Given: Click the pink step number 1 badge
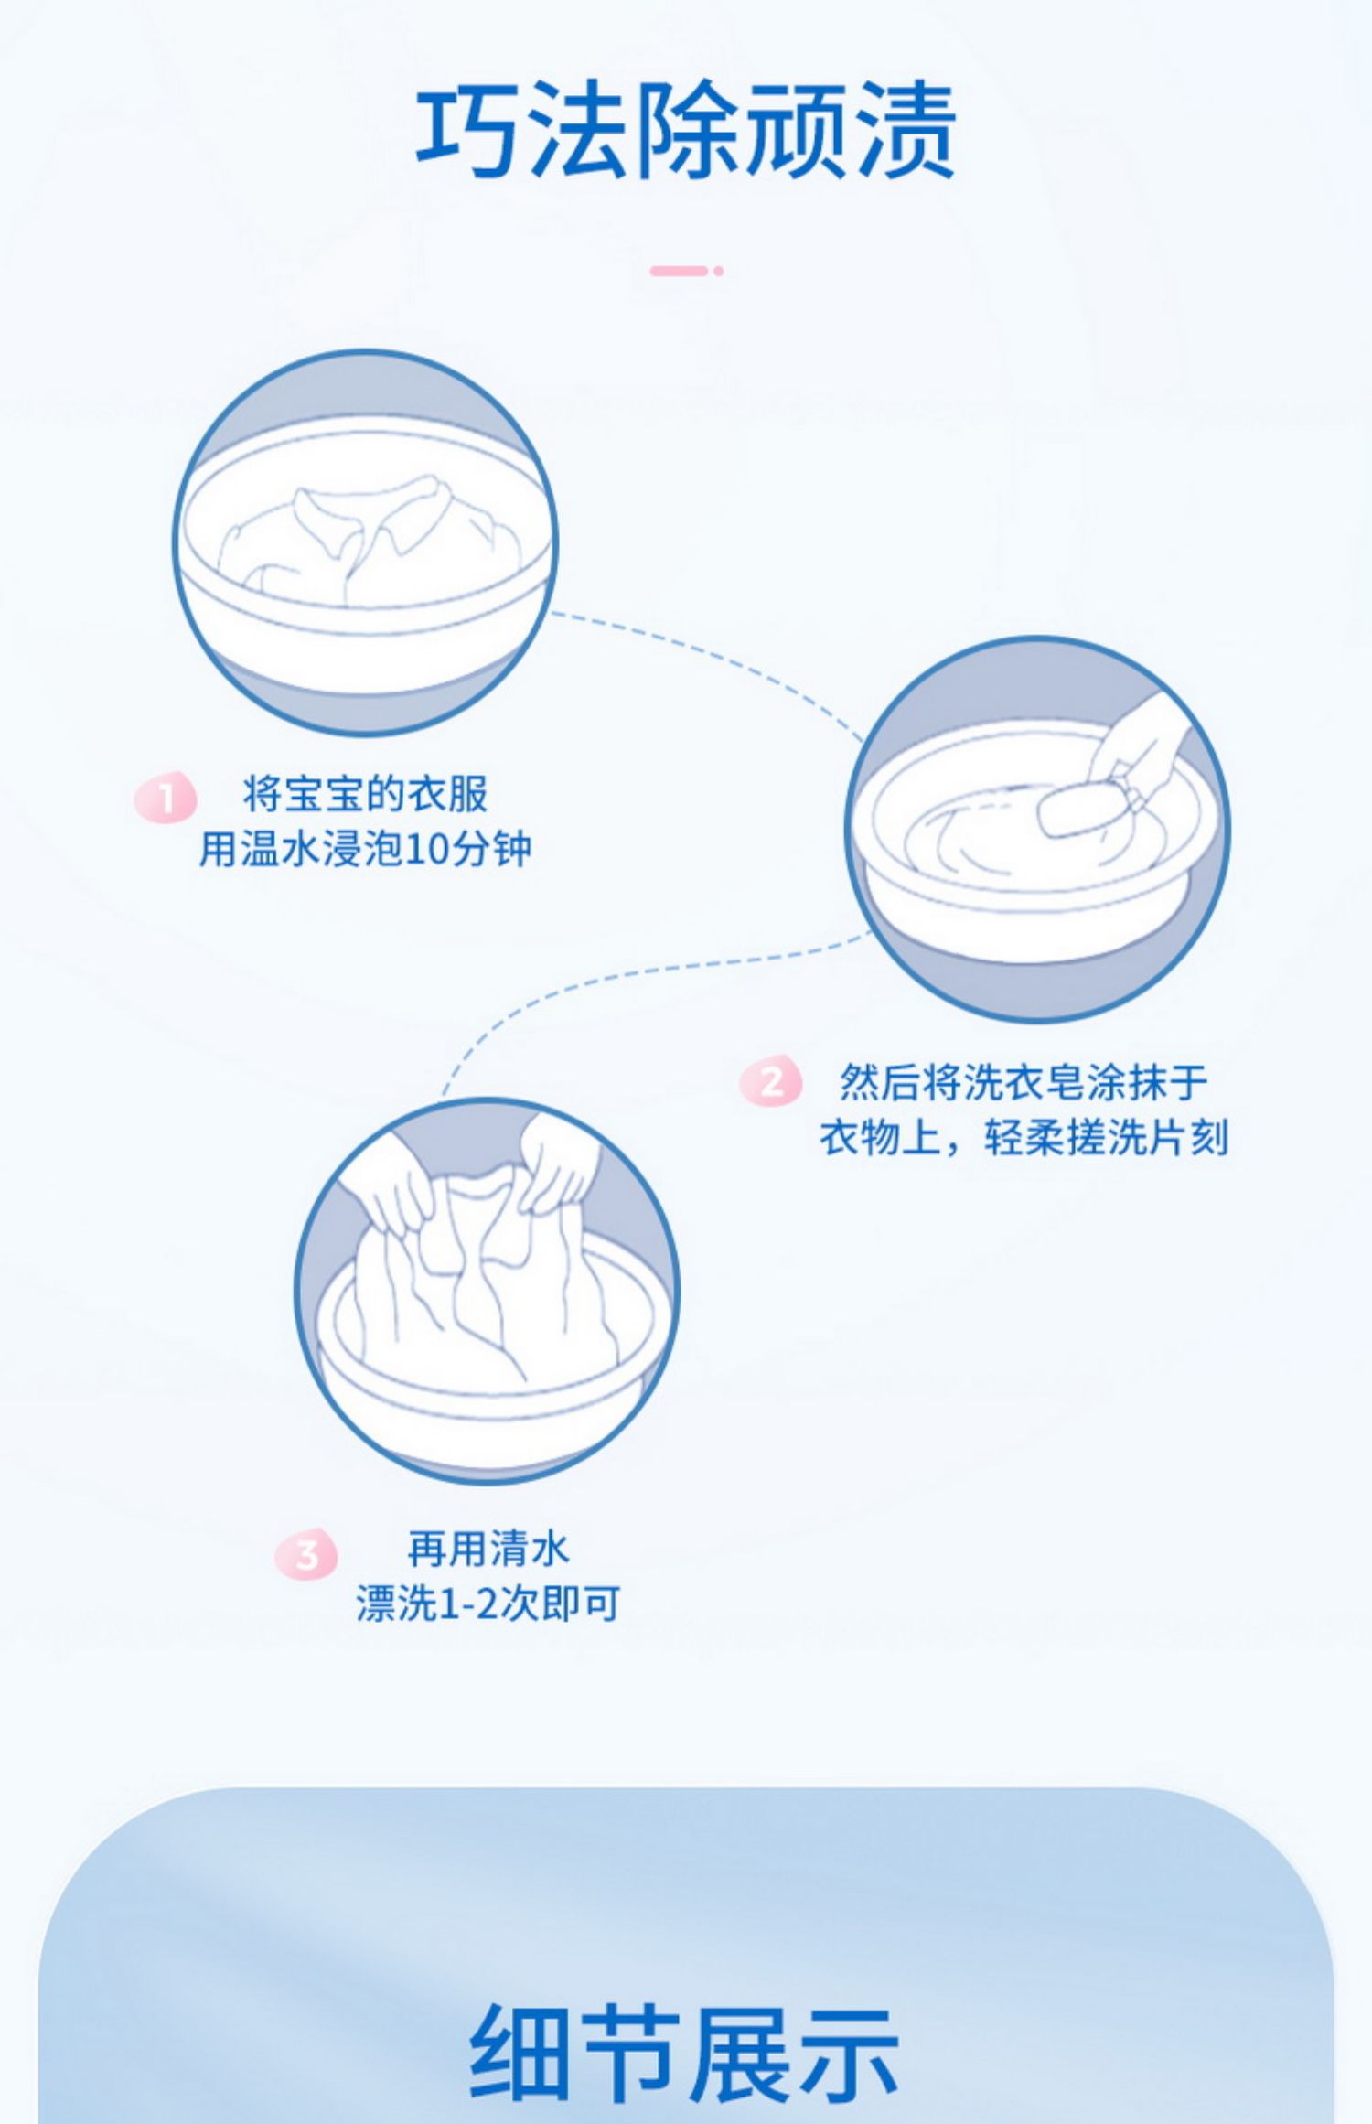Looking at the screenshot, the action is click(x=166, y=798).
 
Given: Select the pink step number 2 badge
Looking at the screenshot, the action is click(x=771, y=1081).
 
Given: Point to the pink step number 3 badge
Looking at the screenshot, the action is click(x=306, y=1552).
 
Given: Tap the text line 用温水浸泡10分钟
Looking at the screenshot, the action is click(x=365, y=850).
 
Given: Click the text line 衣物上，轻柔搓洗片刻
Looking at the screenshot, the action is click(x=1024, y=1138).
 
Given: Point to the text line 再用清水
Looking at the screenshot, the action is click(x=488, y=1549).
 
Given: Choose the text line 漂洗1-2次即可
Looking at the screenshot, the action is click(x=488, y=1604).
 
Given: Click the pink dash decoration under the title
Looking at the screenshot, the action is click(x=686, y=271).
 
